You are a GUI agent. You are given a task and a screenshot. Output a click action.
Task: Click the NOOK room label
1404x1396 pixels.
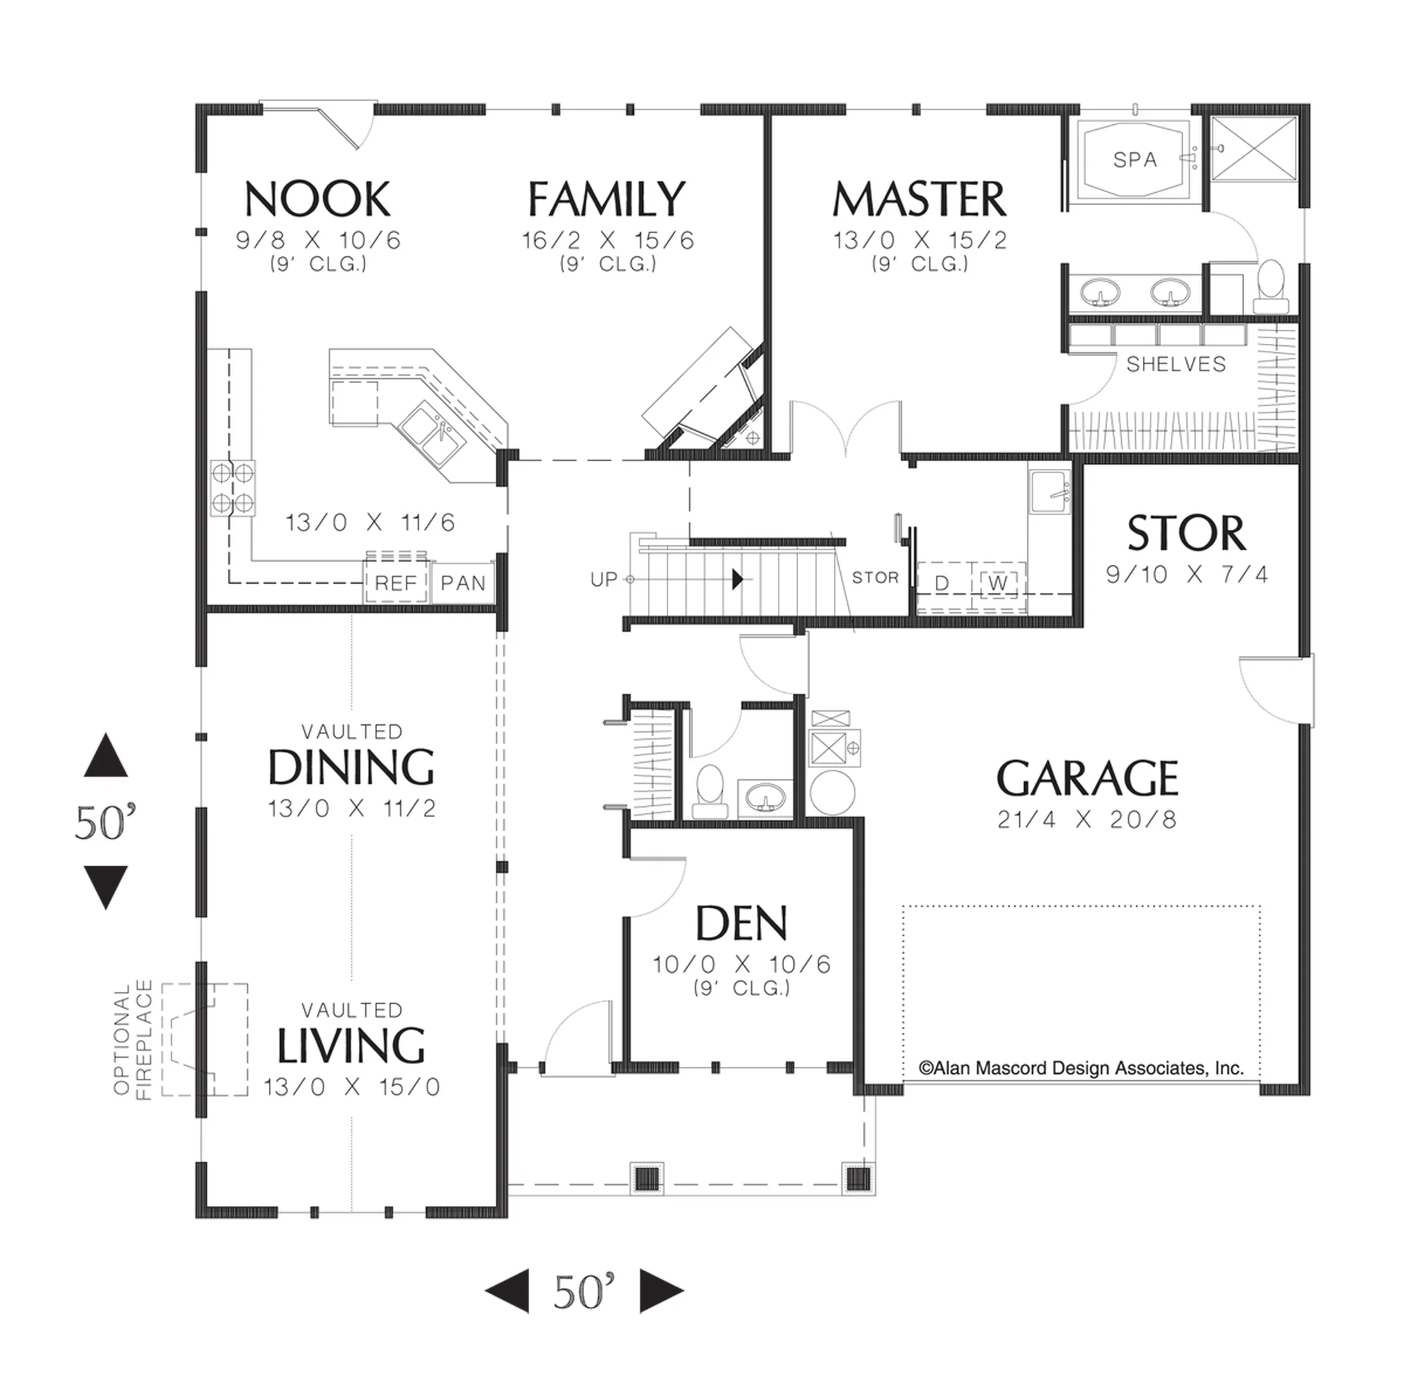[317, 199]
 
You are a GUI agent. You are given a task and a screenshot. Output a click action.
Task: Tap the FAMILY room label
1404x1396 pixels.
[607, 199]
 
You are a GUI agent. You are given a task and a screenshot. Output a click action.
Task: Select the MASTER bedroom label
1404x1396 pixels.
[920, 199]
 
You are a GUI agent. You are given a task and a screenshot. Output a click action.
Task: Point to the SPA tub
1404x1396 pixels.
[1134, 159]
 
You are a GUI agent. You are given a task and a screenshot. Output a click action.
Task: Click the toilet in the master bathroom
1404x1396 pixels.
[1271, 286]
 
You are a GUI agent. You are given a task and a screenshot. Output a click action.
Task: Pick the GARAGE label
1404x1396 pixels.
[1087, 778]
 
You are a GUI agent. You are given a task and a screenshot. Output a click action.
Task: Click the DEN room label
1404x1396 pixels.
[741, 924]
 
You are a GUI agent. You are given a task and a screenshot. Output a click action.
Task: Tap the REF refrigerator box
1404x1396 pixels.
[396, 581]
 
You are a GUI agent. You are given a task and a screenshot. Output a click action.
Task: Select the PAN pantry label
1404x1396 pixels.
[463, 583]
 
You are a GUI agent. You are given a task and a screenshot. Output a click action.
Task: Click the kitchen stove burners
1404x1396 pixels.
[232, 488]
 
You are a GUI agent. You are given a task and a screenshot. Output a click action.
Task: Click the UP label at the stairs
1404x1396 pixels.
[603, 579]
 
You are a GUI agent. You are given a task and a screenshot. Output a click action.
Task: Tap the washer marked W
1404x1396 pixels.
[998, 583]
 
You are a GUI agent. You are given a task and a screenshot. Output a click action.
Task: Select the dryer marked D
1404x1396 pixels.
[942, 583]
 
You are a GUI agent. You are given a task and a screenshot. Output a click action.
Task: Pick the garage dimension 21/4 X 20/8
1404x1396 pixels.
[1087, 820]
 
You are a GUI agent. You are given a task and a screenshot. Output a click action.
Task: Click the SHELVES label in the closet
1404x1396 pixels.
[1176, 364]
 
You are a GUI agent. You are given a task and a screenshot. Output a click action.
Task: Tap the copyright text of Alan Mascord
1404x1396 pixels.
[1081, 1068]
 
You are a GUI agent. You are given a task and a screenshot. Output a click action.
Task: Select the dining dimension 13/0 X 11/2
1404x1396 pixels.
[352, 808]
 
